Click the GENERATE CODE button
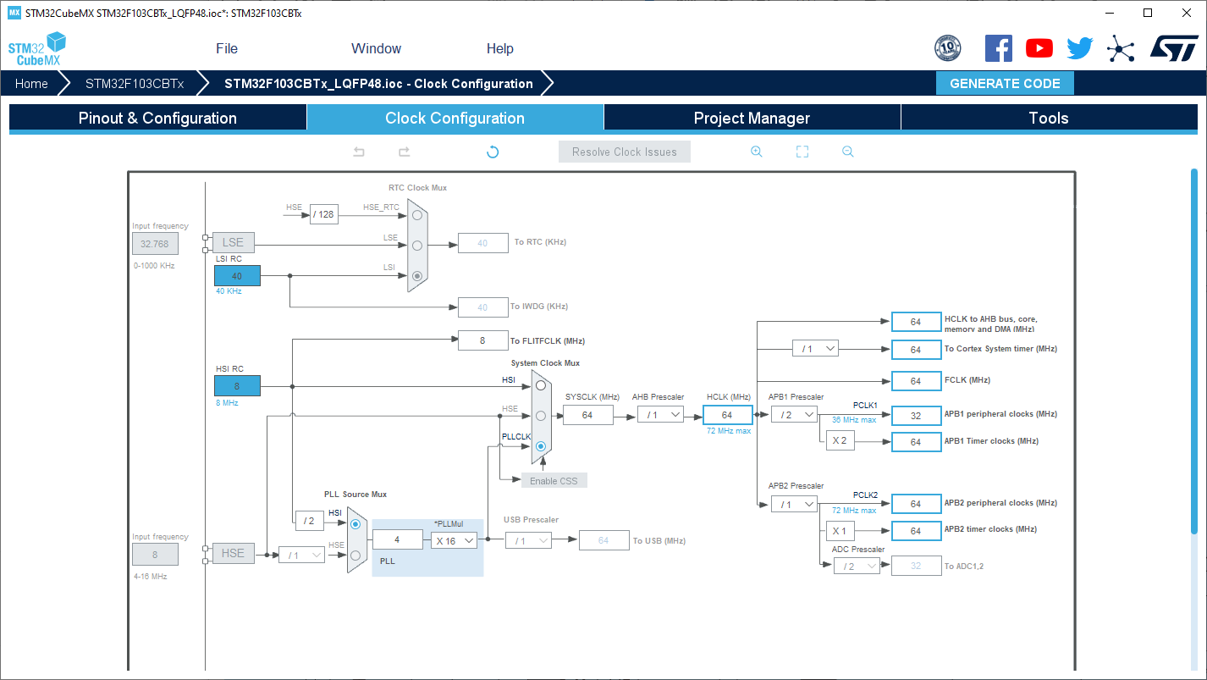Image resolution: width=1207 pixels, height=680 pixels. click(x=1005, y=84)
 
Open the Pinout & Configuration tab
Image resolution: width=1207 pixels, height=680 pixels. click(x=158, y=118)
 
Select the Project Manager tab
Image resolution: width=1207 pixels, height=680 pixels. click(x=752, y=118)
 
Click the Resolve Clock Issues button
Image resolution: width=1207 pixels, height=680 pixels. click(x=624, y=152)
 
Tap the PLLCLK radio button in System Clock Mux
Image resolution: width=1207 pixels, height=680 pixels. click(x=541, y=446)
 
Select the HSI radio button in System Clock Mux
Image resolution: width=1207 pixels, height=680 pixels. click(x=541, y=385)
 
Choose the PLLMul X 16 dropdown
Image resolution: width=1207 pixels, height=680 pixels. click(x=454, y=540)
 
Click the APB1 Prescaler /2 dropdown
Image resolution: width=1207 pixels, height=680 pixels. click(x=794, y=415)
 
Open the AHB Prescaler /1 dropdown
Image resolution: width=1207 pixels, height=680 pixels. click(x=660, y=415)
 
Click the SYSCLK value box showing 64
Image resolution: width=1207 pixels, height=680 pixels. click(x=587, y=415)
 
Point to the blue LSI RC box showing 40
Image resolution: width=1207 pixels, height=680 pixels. click(x=237, y=275)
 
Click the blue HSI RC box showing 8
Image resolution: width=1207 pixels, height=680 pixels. click(x=237, y=385)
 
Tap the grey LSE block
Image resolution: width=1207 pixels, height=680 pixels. click(x=234, y=243)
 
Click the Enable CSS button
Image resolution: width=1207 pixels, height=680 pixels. click(x=554, y=480)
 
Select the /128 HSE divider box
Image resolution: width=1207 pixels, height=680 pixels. click(x=324, y=214)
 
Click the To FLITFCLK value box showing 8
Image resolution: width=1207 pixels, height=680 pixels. click(x=482, y=340)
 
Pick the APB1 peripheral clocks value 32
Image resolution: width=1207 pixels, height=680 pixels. click(x=916, y=416)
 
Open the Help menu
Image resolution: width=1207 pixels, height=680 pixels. click(x=500, y=48)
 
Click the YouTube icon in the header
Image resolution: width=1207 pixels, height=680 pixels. click(x=1039, y=48)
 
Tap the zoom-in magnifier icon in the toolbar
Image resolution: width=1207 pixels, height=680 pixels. click(x=757, y=152)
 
